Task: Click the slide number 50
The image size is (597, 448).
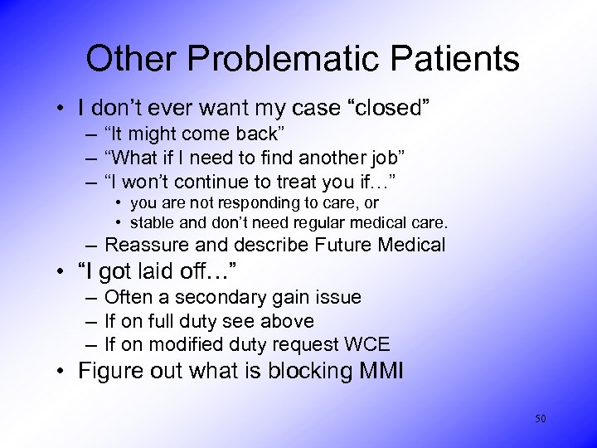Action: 541,419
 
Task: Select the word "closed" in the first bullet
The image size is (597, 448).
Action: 391,108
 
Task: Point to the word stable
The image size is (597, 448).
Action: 155,222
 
